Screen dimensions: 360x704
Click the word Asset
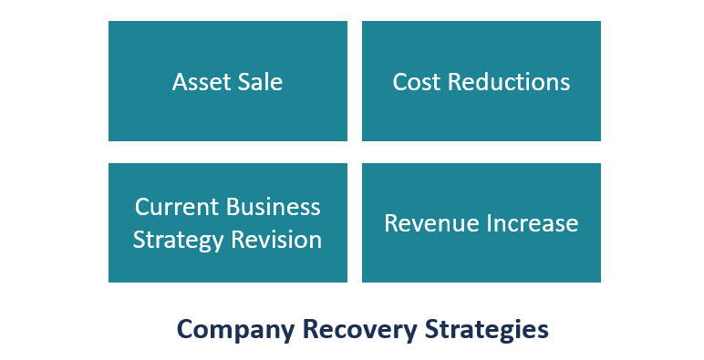click(x=199, y=82)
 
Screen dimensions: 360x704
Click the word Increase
click(x=533, y=223)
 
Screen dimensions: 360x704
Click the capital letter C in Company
click(x=183, y=329)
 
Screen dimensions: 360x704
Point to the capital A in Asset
click(x=180, y=82)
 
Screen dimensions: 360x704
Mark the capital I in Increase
click(x=492, y=223)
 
